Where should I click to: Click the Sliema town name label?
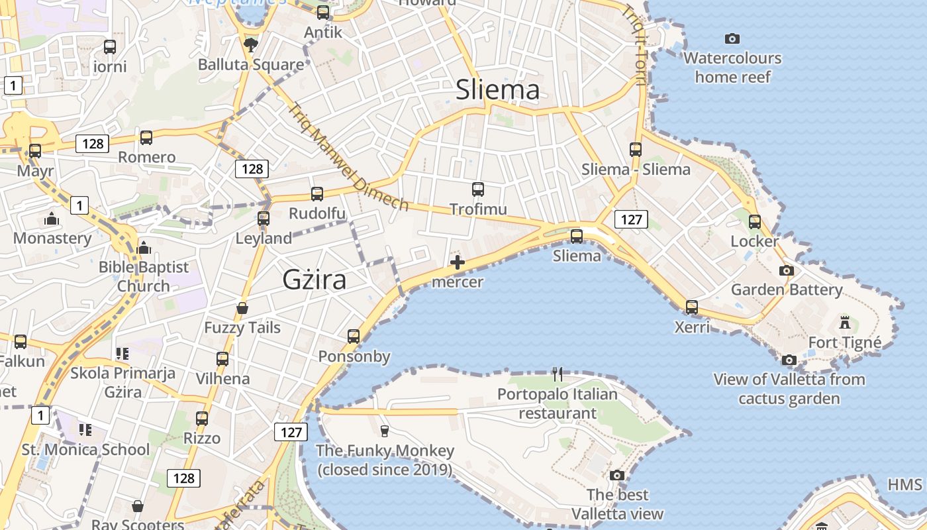point(497,90)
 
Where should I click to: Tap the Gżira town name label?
point(315,280)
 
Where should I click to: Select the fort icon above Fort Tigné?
point(844,323)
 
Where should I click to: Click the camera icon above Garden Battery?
point(787,270)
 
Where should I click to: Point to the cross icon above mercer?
point(457,262)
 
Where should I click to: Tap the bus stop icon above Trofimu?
point(478,189)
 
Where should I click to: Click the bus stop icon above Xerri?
point(692,307)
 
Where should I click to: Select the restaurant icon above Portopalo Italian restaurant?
point(558,374)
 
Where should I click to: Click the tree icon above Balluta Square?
point(251,45)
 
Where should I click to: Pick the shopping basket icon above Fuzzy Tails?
point(242,308)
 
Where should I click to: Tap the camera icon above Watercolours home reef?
point(732,38)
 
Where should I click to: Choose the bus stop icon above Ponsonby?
point(354,337)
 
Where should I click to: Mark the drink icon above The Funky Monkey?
point(385,431)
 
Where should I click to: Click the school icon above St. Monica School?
point(85,430)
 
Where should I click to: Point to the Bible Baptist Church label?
point(144,276)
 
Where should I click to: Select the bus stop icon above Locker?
point(755,222)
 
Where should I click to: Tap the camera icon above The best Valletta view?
point(617,475)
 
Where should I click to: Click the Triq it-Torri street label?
point(634,45)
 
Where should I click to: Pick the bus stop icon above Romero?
point(146,138)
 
